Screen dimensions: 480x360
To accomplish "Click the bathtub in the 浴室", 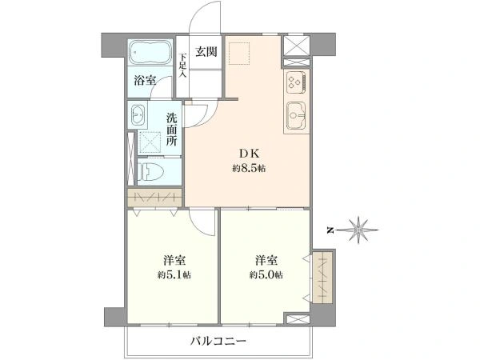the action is pos(150,52).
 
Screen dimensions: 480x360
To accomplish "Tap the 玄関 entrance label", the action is pos(206,52).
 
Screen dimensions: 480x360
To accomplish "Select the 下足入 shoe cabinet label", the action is pos(182,66).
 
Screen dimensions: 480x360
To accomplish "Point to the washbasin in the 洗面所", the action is pos(138,115).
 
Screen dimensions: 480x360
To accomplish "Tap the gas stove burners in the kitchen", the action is pos(296,82).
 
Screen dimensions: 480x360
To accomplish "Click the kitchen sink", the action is pos(296,116).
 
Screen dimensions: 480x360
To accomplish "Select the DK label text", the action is pos(249,154).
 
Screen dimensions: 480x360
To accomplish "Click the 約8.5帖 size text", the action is pos(249,168).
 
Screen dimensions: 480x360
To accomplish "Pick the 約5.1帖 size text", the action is pos(174,275).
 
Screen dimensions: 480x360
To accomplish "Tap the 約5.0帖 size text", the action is pos(266,275).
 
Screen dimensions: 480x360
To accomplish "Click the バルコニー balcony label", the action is pos(218,341).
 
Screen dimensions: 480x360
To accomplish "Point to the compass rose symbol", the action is pos(358,230).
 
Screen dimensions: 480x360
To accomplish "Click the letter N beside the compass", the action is pos(330,230).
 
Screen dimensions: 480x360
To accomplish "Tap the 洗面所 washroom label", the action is pos(172,130).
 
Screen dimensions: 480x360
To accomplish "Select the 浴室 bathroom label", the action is pos(145,81).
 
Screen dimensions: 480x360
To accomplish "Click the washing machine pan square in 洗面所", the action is pos(150,142).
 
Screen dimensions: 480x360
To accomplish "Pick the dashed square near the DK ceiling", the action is pos(239,54).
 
